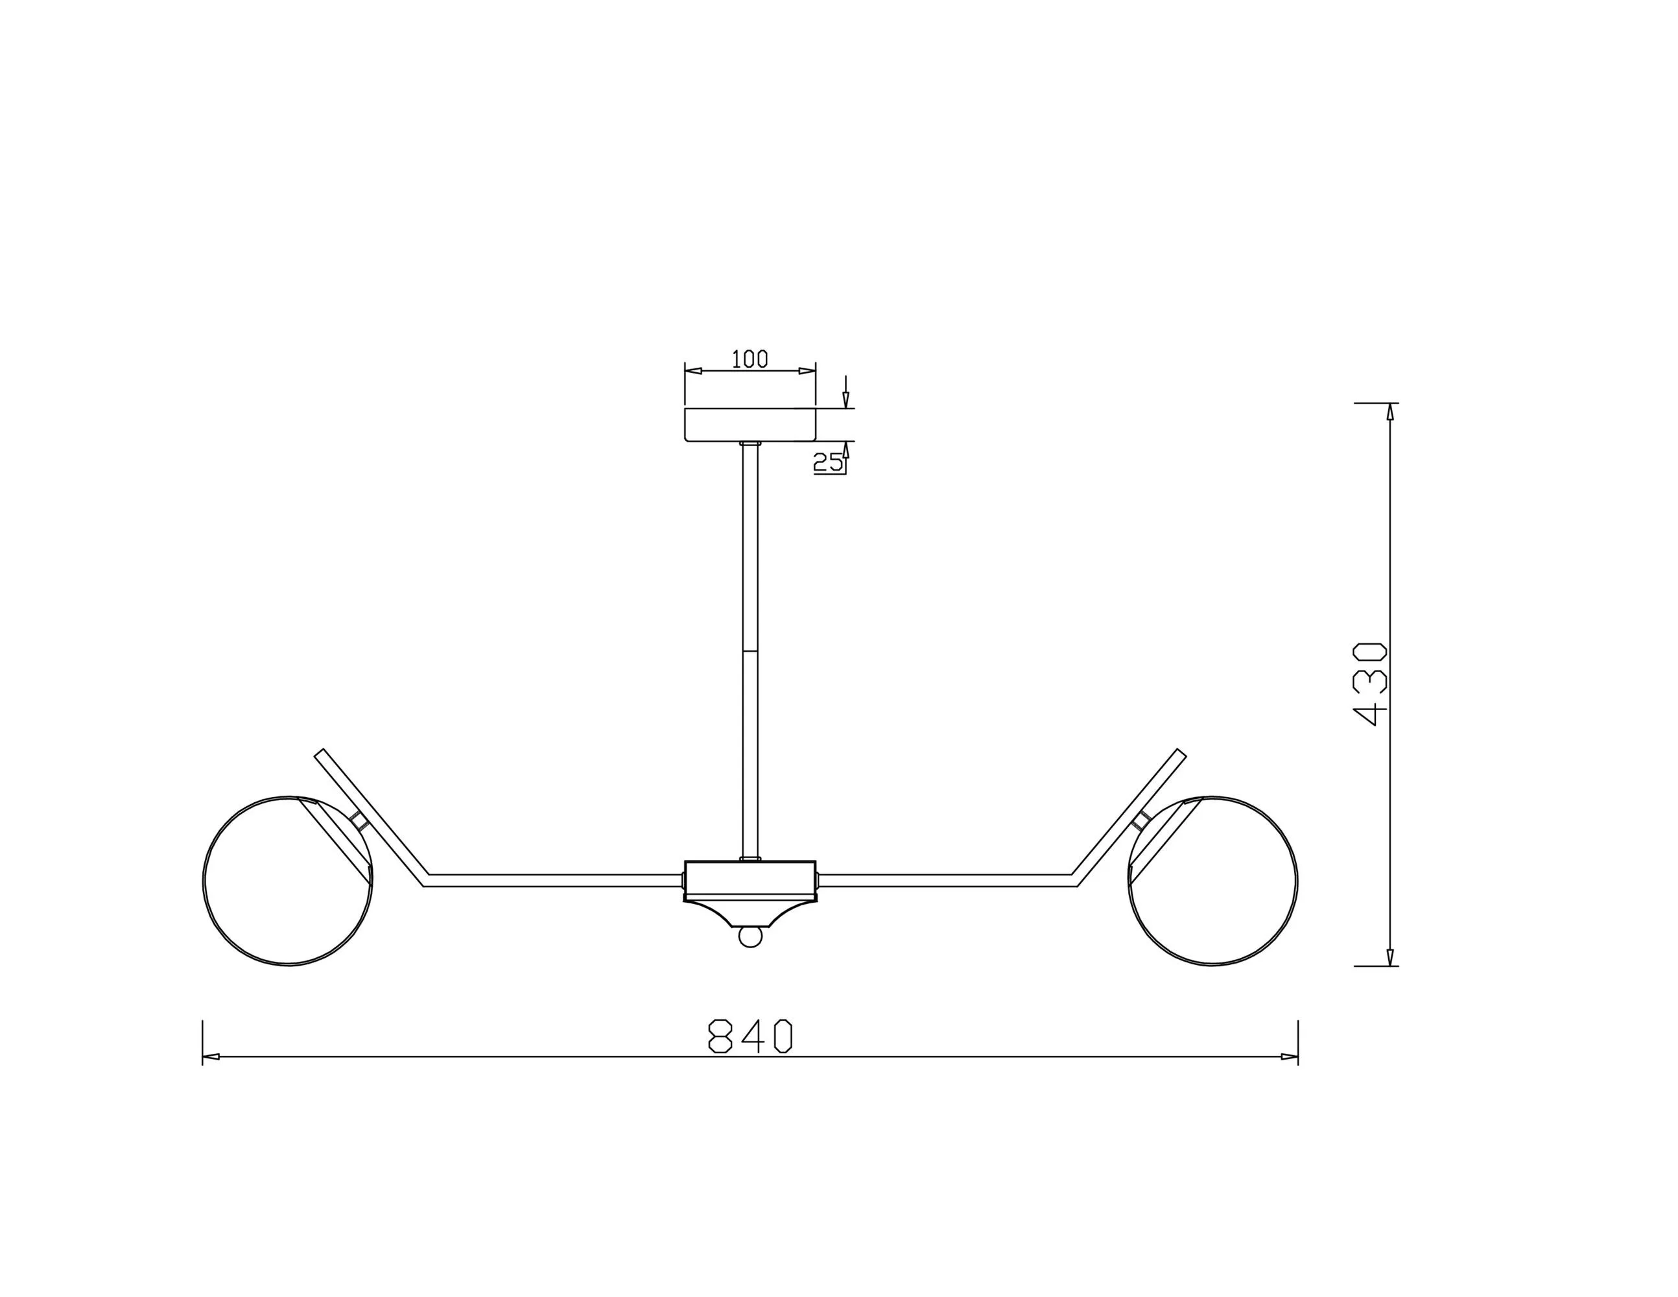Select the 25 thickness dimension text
tap(827, 462)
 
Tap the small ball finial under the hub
tap(750, 936)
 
